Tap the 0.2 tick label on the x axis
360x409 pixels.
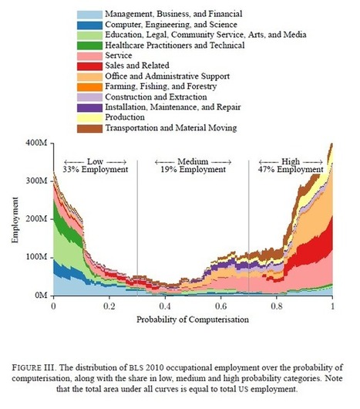109,306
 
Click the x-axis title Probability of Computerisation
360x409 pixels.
193,319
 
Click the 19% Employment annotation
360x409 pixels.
192,170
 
